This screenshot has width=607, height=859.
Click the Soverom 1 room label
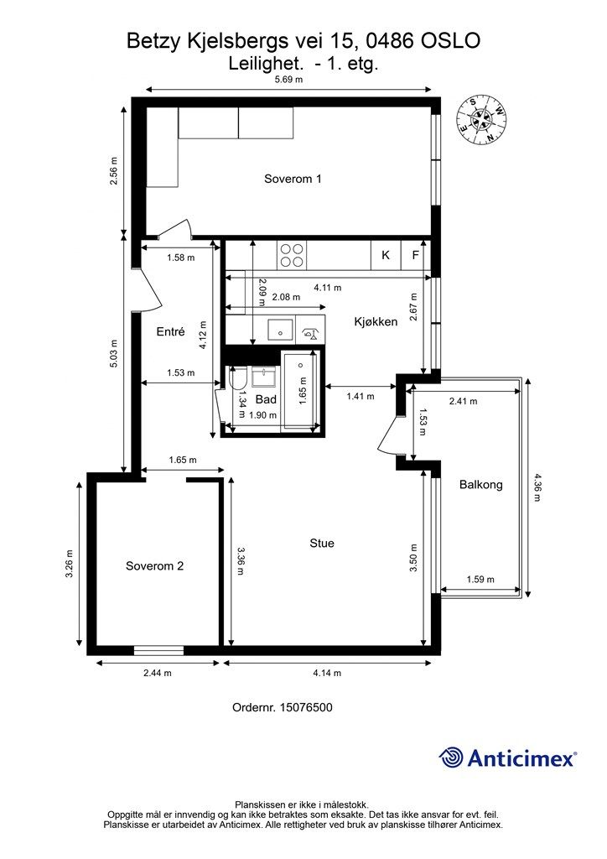(x=293, y=179)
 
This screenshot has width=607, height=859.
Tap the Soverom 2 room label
(x=155, y=566)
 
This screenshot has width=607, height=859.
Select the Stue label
(x=322, y=543)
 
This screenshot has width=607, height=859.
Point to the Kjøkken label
(x=376, y=321)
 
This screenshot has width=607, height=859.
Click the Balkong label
(x=480, y=485)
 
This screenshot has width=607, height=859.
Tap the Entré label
(x=170, y=331)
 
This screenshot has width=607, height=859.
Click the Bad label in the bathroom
(x=266, y=399)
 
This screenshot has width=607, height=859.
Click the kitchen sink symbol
(x=281, y=330)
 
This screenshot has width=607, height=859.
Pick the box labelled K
(x=386, y=255)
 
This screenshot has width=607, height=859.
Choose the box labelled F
(x=416, y=255)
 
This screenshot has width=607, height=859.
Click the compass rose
(x=480, y=119)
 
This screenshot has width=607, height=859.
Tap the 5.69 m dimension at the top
(x=288, y=80)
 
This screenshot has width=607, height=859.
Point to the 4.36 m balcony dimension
(x=537, y=487)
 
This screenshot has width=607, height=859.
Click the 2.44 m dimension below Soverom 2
(x=157, y=673)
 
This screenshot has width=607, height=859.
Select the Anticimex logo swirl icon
(x=451, y=758)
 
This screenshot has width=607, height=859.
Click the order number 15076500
(x=306, y=707)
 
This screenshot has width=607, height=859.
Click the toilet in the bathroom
(x=239, y=381)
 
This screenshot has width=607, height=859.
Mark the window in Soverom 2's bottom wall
(x=158, y=650)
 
